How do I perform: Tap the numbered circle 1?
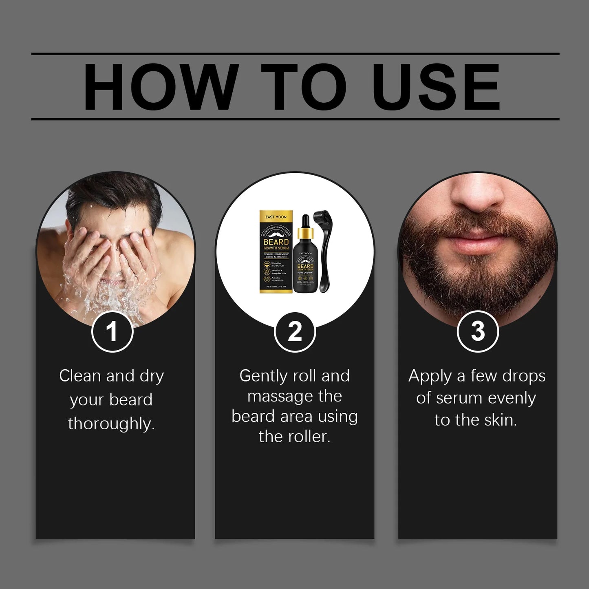tap(112, 331)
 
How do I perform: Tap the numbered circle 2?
tap(295, 331)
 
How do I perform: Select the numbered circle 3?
tap(478, 331)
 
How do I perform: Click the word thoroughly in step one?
tap(111, 424)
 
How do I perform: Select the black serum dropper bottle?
tap(305, 269)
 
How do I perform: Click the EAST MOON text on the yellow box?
tap(276, 217)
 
